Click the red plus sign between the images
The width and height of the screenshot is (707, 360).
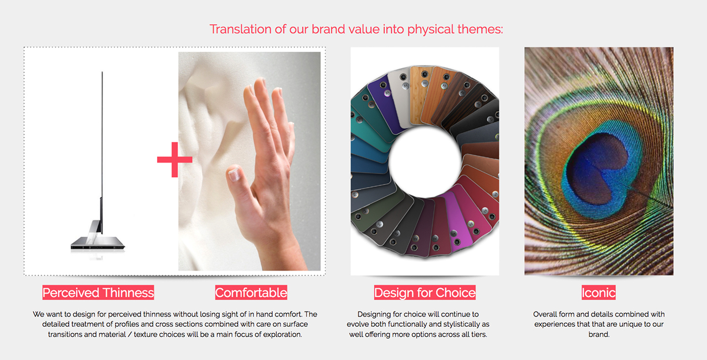(x=174, y=160)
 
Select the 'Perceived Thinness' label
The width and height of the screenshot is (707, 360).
(x=98, y=293)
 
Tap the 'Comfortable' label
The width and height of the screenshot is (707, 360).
(x=251, y=293)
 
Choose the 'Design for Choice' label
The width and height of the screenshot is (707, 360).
(x=425, y=293)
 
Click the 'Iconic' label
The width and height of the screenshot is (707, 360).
(x=598, y=293)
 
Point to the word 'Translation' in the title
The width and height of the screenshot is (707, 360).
(x=240, y=29)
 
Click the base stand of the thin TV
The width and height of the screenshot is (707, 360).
(x=97, y=245)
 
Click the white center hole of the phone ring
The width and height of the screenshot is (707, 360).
(x=425, y=161)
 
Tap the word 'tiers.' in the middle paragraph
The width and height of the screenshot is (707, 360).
(x=477, y=334)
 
